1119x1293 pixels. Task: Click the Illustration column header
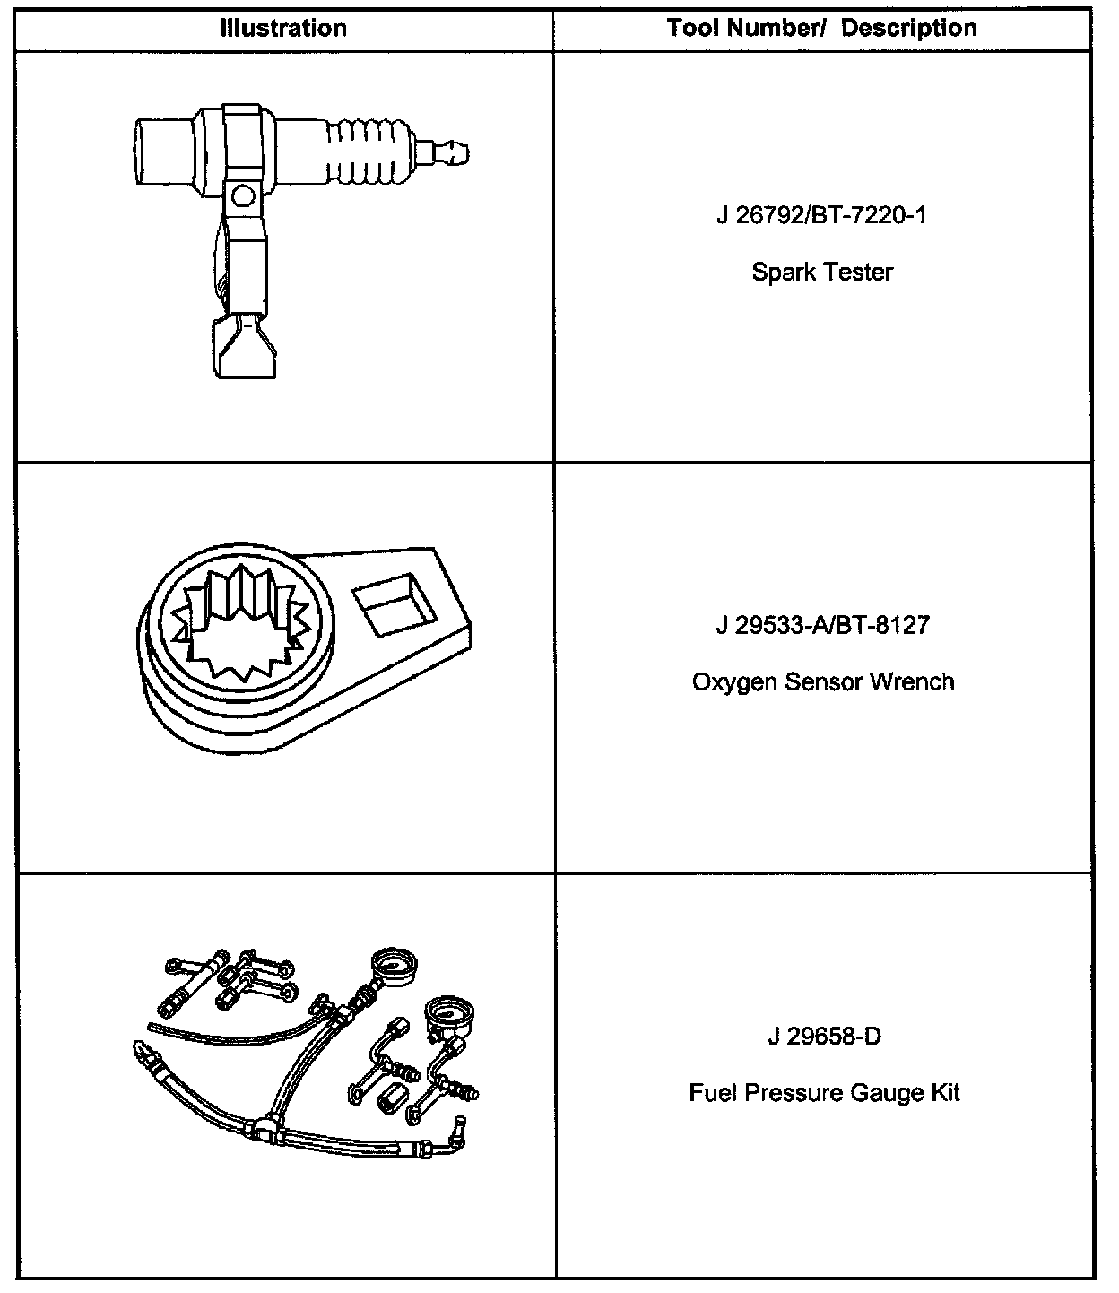[283, 28]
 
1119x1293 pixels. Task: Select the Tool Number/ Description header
[821, 28]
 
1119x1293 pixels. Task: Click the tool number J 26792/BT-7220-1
[821, 216]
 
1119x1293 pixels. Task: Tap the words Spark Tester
[821, 272]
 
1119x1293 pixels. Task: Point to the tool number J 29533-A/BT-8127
[821, 625]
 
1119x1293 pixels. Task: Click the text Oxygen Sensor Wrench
[821, 682]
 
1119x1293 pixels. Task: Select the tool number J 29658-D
[824, 1037]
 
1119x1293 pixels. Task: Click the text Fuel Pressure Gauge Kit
[824, 1094]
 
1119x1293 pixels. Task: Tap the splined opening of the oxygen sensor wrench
[240, 621]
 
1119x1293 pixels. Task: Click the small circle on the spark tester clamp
[241, 195]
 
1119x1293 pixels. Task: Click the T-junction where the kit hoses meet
[266, 1128]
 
